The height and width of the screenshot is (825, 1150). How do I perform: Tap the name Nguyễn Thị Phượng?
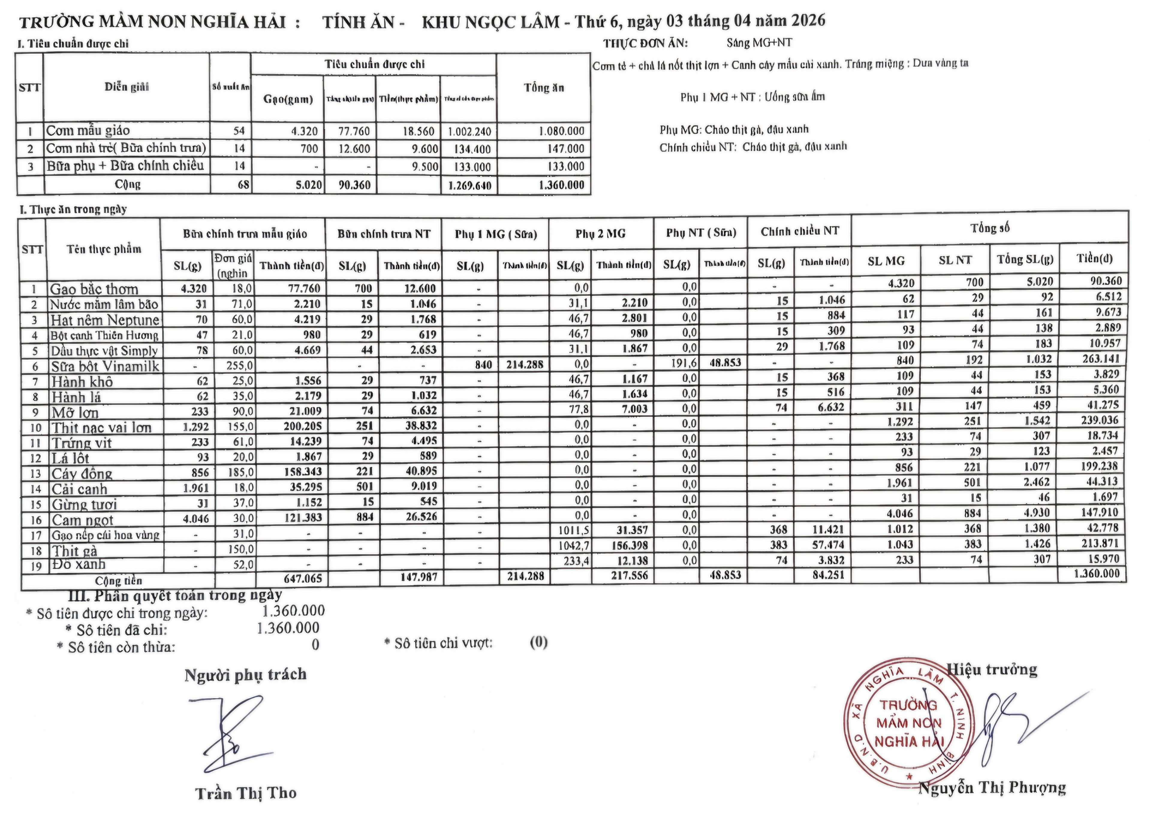pos(992,788)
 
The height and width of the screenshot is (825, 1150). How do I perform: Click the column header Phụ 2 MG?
pos(600,234)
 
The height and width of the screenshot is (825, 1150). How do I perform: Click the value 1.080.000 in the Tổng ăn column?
pos(561,131)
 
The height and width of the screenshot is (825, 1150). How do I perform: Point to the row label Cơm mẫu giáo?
pos(88,131)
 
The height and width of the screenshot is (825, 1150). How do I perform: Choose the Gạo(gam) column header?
pos(287,99)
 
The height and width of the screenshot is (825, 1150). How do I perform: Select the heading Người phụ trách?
pos(246,675)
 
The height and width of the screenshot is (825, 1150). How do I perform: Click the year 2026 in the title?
pos(808,20)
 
